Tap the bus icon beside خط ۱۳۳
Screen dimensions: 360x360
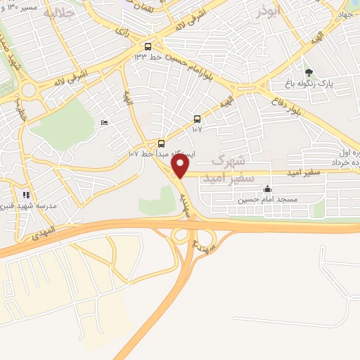click(147, 47)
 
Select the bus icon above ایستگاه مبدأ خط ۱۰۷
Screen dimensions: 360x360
click(162, 144)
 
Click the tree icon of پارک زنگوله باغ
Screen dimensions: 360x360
click(308, 72)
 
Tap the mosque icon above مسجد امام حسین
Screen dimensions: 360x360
click(267, 188)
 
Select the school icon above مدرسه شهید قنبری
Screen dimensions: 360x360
click(26, 195)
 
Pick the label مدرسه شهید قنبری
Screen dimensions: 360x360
click(26, 206)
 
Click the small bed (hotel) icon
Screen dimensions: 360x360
click(105, 123)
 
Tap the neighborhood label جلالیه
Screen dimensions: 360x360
click(58, 13)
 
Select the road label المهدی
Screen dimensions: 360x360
click(42, 237)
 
